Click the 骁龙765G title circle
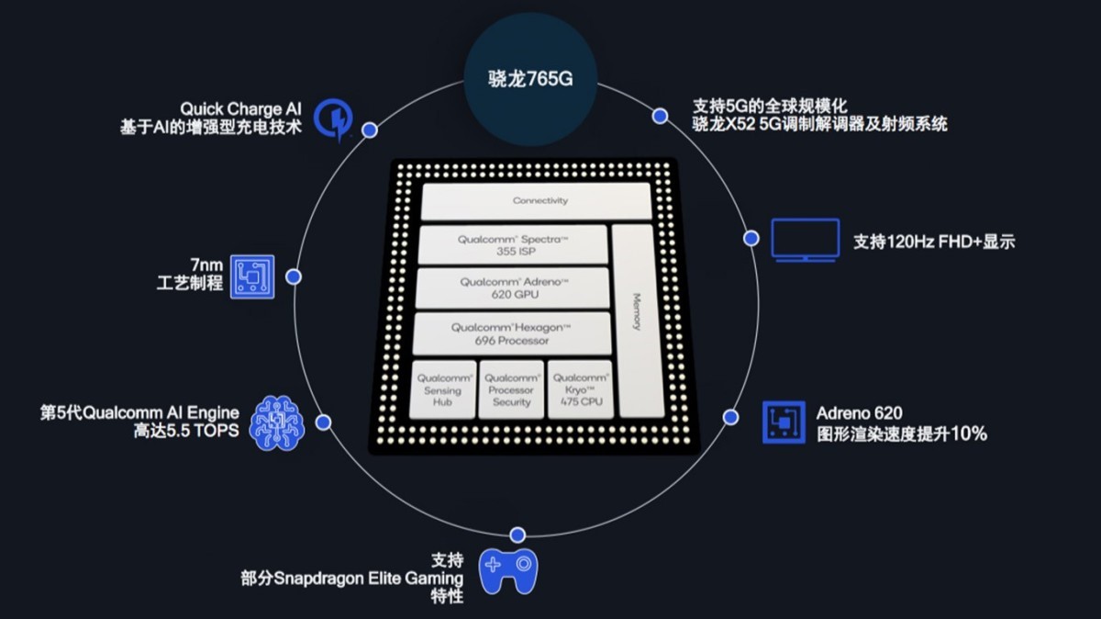click(x=530, y=77)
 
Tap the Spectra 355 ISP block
click(x=513, y=244)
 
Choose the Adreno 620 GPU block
click(x=513, y=287)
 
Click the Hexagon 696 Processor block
click(x=512, y=333)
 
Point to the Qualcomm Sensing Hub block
click(x=444, y=389)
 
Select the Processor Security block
click(x=511, y=389)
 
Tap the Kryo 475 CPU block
click(x=580, y=389)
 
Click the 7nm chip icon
click(x=251, y=276)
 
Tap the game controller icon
click(x=509, y=570)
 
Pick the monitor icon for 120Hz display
click(x=805, y=241)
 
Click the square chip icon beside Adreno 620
click(x=784, y=422)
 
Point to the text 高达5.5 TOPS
click(x=186, y=432)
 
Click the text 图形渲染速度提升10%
click(x=901, y=434)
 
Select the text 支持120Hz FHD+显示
click(x=934, y=242)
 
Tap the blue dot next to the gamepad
click(x=517, y=535)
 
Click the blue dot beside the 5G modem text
click(x=659, y=116)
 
